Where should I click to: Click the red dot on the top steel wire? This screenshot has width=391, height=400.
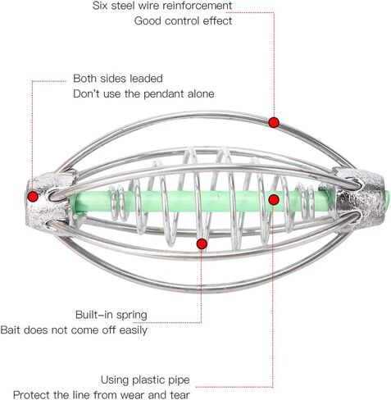(274, 122)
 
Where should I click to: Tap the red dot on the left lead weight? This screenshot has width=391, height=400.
(33, 196)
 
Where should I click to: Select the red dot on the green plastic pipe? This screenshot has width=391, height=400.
(274, 200)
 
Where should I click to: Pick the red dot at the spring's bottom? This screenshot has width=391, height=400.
(202, 243)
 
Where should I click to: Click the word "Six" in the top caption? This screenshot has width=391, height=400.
(100, 6)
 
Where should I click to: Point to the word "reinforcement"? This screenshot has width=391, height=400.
(197, 6)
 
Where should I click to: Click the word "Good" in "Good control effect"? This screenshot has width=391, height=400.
(148, 20)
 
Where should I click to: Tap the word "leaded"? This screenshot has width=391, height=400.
(146, 79)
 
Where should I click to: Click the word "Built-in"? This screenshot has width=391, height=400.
(95, 315)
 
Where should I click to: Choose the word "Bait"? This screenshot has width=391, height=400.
(10, 330)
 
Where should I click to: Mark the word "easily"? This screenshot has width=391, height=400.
(134, 330)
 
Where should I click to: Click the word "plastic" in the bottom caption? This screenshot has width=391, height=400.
(150, 380)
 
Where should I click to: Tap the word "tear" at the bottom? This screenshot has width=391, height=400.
(180, 395)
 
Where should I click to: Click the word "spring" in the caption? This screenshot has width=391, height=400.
(132, 316)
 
